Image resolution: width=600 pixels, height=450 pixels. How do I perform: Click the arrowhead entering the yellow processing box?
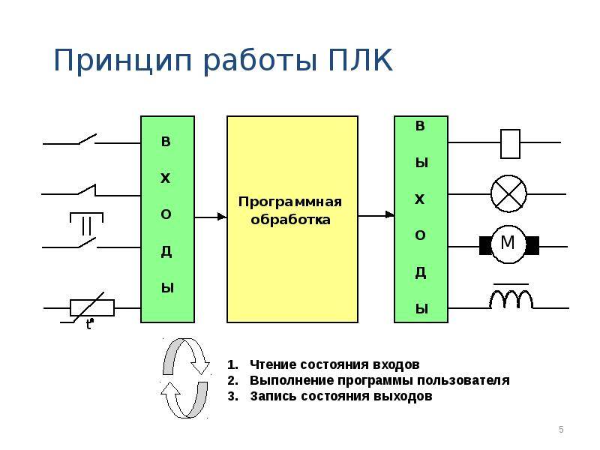pos(222,217)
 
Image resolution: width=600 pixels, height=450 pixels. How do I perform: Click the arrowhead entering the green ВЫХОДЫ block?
pos(390,214)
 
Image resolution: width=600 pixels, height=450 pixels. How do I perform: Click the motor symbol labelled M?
pos(508,244)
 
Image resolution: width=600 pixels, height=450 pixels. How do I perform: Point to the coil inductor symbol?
pos(511,298)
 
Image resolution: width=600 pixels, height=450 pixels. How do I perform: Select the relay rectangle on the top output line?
pos(510,142)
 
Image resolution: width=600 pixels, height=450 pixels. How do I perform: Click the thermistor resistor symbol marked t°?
pos(91,307)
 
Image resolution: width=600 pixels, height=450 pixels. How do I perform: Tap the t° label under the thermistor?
pos(89,325)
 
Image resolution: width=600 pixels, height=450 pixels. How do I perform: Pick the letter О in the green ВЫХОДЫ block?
pos(421,235)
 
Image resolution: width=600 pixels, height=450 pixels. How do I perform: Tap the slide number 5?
pos(561,429)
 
